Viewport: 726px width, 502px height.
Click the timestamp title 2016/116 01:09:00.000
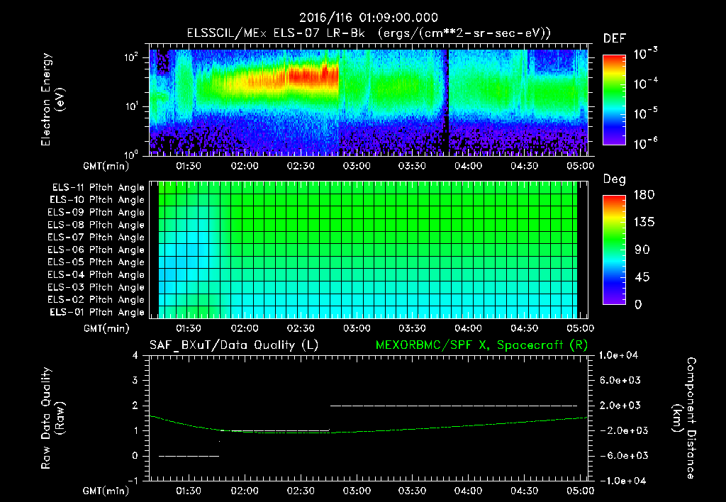tap(368, 18)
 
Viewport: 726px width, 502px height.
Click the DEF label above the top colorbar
tap(614, 38)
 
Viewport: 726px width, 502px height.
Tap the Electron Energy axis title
tap(53, 100)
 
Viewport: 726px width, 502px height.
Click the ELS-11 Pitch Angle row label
tap(98, 188)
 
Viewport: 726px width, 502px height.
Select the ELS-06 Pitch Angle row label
tap(98, 250)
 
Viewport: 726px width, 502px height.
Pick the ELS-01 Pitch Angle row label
tap(98, 313)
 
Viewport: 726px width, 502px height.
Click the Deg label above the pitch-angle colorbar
tap(614, 179)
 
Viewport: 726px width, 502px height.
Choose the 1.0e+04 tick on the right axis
tap(621, 355)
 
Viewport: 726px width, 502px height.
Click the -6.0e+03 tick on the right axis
tap(621, 456)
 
